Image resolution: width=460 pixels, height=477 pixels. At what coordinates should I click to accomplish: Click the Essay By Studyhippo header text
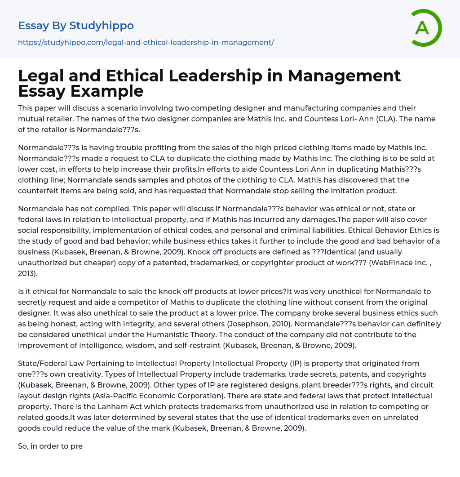point(76,26)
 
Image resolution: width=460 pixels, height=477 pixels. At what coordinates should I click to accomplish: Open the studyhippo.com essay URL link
point(146,42)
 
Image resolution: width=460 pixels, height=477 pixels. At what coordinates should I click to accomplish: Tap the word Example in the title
point(108,91)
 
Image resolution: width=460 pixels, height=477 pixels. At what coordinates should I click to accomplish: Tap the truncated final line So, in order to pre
point(50,446)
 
